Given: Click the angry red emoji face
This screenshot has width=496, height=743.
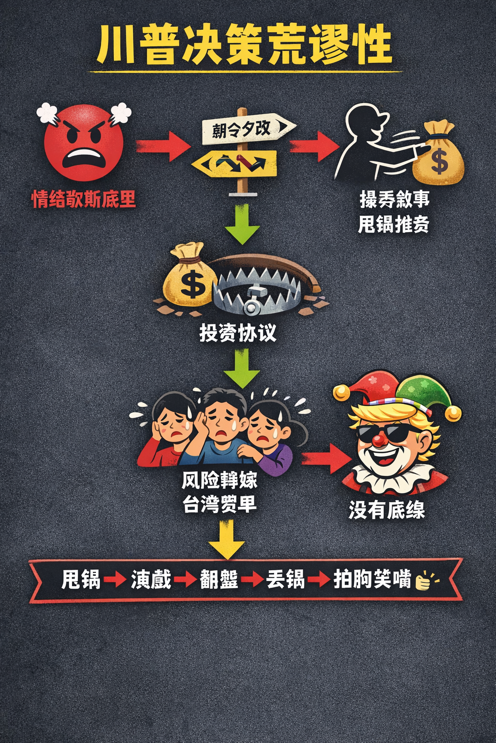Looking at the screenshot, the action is coord(83,144).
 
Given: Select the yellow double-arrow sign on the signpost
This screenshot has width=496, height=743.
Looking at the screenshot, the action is coord(234,163).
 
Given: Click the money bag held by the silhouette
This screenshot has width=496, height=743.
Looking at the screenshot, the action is coord(438,156).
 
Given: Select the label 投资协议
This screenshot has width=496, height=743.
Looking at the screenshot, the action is coord(238,333).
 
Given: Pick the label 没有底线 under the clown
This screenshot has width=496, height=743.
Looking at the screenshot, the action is coord(387,510).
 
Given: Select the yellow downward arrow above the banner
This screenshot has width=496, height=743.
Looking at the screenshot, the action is coord(227,538).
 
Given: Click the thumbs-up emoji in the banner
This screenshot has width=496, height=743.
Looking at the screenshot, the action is coord(424,580).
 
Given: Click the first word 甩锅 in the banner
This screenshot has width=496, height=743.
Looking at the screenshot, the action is coord(80,580).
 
